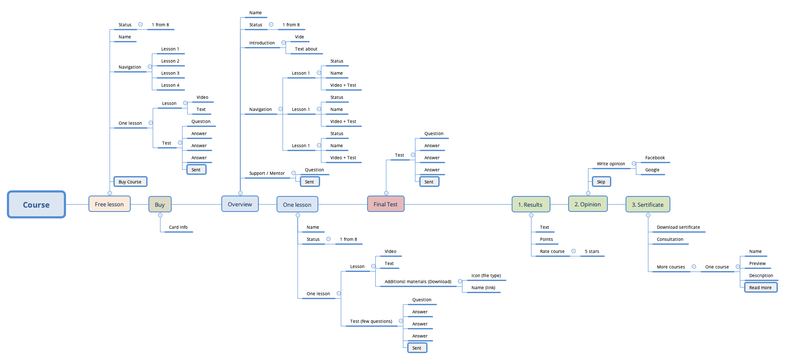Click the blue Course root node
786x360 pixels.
pyautogui.click(x=36, y=205)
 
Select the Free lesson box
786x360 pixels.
pyautogui.click(x=109, y=204)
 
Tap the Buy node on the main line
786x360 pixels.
pyautogui.click(x=160, y=205)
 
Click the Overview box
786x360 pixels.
pyautogui.click(x=240, y=204)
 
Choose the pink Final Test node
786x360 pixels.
pyautogui.click(x=386, y=204)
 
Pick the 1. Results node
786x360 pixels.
pyautogui.click(x=530, y=205)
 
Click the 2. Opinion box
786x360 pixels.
pyautogui.click(x=588, y=204)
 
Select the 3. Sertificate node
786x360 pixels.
pyautogui.click(x=648, y=205)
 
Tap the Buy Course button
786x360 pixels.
pyautogui.click(x=130, y=182)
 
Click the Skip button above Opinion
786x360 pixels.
pyautogui.click(x=601, y=182)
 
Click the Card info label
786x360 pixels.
pyautogui.click(x=178, y=227)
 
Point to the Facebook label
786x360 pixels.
pyautogui.click(x=655, y=158)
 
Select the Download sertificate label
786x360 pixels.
pyautogui.click(x=678, y=227)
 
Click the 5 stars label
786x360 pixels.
pyautogui.click(x=592, y=252)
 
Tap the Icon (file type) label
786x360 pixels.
pyautogui.click(x=486, y=276)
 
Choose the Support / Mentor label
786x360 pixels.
pyautogui.click(x=267, y=174)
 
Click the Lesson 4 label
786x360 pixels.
pyautogui.click(x=170, y=85)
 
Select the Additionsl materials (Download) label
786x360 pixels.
pyautogui.click(x=418, y=282)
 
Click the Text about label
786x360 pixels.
pyautogui.click(x=306, y=49)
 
